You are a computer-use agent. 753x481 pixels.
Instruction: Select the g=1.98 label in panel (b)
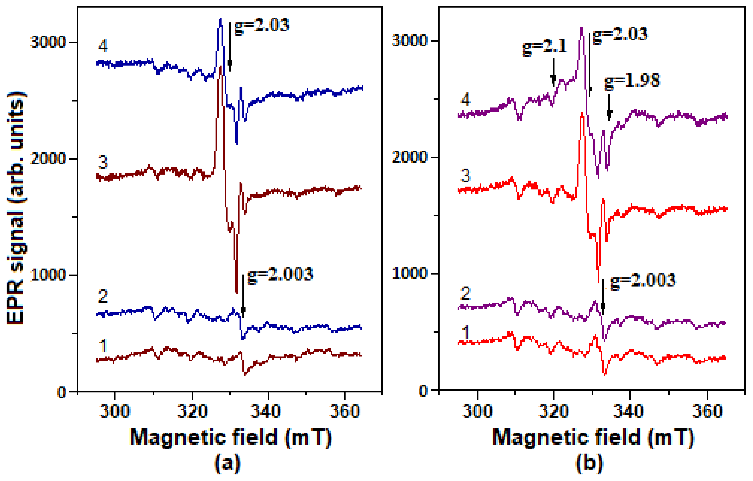[x=632, y=81]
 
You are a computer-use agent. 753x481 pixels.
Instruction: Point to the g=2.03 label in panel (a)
[x=262, y=26]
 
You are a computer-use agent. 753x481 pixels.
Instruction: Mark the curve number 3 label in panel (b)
[x=465, y=176]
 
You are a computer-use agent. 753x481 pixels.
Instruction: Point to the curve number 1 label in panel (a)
[x=102, y=346]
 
